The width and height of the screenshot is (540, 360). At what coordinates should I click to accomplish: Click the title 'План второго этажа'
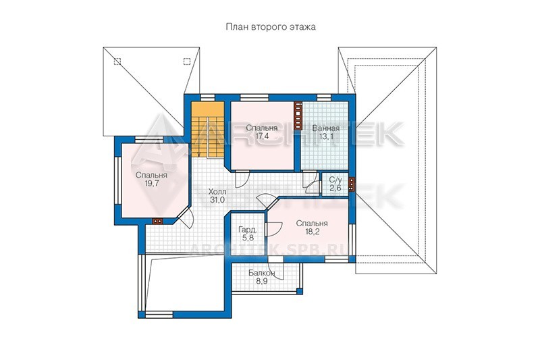coord(271,27)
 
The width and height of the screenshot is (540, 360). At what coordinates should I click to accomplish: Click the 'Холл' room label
coord(217,192)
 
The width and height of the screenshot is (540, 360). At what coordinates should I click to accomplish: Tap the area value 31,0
coord(217,200)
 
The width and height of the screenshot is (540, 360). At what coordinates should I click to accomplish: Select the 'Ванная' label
coord(325,128)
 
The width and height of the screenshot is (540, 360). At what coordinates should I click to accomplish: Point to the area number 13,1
coord(326,136)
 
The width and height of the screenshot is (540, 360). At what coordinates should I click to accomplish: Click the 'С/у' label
coord(335,180)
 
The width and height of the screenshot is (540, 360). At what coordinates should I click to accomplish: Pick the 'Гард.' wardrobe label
coord(248,230)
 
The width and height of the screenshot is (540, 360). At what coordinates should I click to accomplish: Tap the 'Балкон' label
coord(262,273)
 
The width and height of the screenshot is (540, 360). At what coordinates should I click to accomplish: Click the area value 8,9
coord(262,281)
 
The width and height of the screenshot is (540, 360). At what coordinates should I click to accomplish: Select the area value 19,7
coord(151,183)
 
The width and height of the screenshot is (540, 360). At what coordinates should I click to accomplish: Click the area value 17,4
coord(262,136)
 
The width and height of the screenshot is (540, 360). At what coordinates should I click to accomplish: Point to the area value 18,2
coord(312,232)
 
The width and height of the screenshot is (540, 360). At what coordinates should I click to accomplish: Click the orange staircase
coord(208,129)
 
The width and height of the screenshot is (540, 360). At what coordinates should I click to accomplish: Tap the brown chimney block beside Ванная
coord(298,115)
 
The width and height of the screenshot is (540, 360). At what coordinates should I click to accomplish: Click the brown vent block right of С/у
coord(351,184)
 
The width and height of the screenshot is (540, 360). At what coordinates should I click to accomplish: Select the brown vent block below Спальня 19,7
coord(158,221)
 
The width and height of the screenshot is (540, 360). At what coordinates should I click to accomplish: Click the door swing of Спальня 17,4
coord(242,178)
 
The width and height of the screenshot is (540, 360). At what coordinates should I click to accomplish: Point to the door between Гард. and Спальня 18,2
coord(274,229)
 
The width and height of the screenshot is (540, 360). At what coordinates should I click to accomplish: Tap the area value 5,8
coord(248,237)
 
